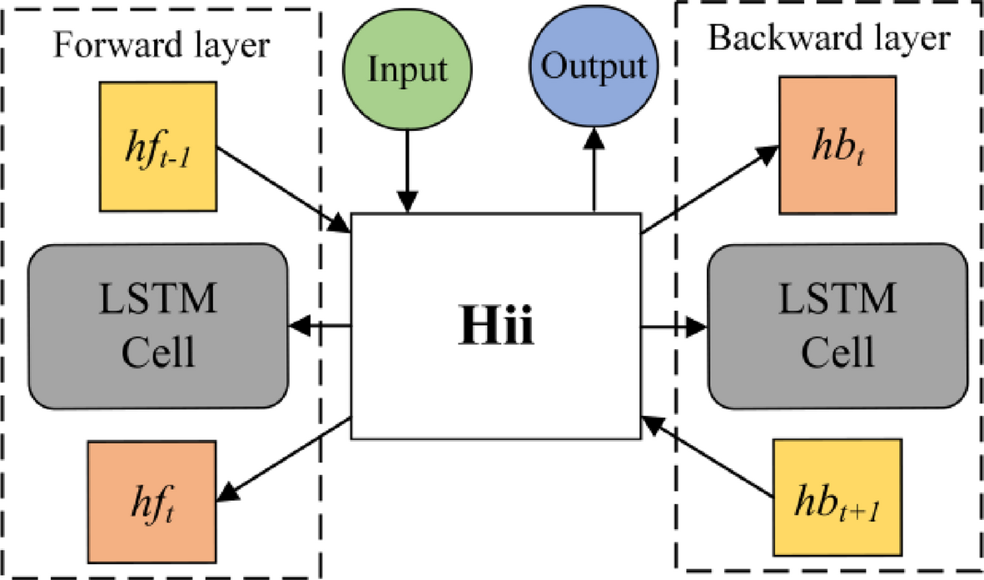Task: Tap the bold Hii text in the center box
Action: click(x=497, y=327)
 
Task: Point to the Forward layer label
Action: click(x=162, y=45)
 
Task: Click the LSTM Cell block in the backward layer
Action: click(x=837, y=325)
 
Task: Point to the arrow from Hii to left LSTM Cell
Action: click(x=321, y=326)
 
